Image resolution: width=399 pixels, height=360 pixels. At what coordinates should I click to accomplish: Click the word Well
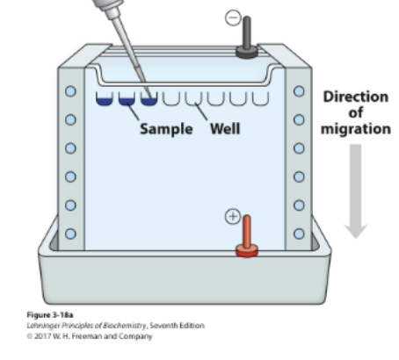pyautogui.click(x=225, y=128)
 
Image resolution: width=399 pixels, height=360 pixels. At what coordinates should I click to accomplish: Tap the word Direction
pyautogui.click(x=356, y=96)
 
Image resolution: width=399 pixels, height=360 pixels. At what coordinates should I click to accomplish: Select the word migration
pyautogui.click(x=356, y=128)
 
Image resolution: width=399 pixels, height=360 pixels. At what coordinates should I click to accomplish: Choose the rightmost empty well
pyautogui.click(x=260, y=97)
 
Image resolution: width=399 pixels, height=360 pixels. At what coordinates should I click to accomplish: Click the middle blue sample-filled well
pyautogui.click(x=127, y=97)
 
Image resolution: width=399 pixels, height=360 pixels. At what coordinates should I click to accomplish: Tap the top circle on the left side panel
pyautogui.click(x=71, y=90)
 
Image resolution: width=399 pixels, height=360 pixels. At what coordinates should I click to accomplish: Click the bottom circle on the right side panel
pyautogui.click(x=299, y=234)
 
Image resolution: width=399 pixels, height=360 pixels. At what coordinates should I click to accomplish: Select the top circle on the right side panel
pyautogui.click(x=299, y=90)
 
